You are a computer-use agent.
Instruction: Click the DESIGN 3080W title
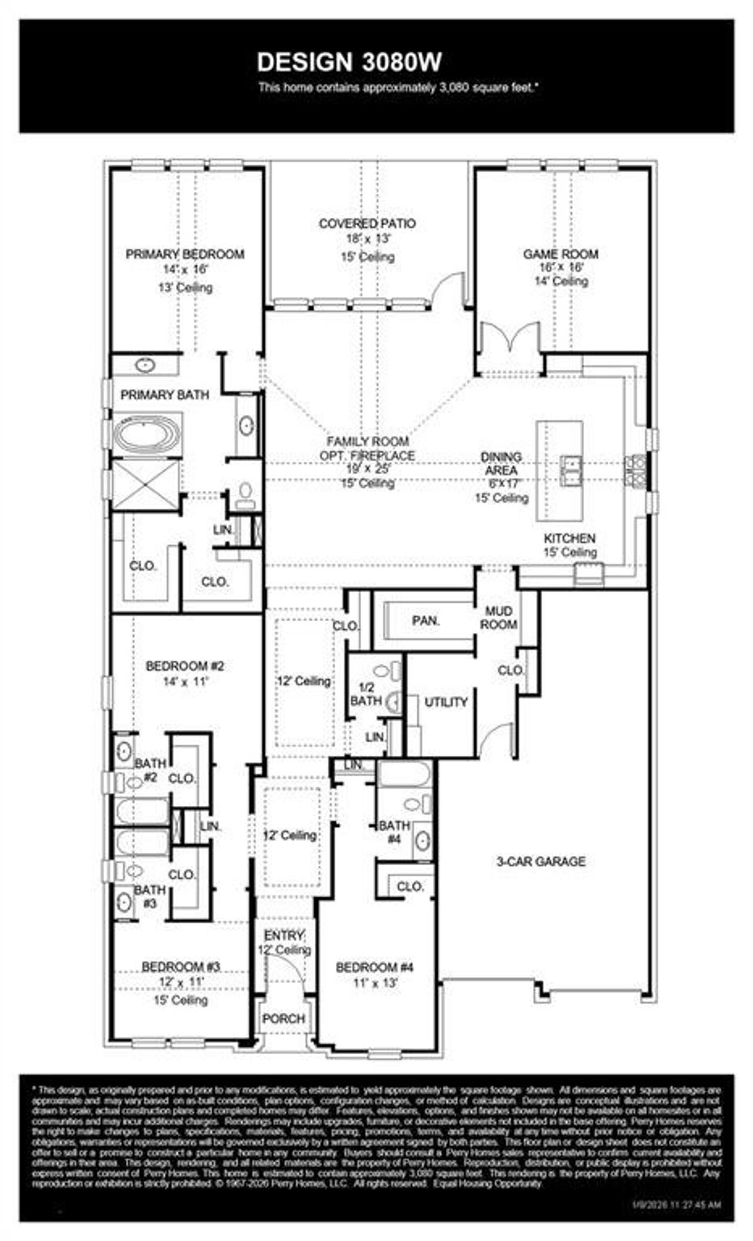[349, 62]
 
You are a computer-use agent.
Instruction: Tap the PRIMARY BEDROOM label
[185, 254]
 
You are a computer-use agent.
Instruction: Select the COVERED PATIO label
[367, 223]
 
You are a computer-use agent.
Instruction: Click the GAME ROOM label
[561, 254]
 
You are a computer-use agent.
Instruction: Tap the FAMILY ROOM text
[368, 441]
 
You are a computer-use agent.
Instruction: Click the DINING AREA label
[501, 463]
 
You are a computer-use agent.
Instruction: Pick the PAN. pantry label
[426, 620]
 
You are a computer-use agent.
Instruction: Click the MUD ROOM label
[498, 618]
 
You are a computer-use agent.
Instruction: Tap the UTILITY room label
[446, 702]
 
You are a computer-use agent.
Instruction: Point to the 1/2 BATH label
[366, 695]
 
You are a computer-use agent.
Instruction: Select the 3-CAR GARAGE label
[541, 862]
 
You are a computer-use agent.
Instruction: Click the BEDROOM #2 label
[185, 666]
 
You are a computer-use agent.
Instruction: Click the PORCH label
[284, 1018]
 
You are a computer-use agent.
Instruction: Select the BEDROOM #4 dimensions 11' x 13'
[375, 982]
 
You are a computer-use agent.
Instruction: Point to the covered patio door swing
[448, 289]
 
